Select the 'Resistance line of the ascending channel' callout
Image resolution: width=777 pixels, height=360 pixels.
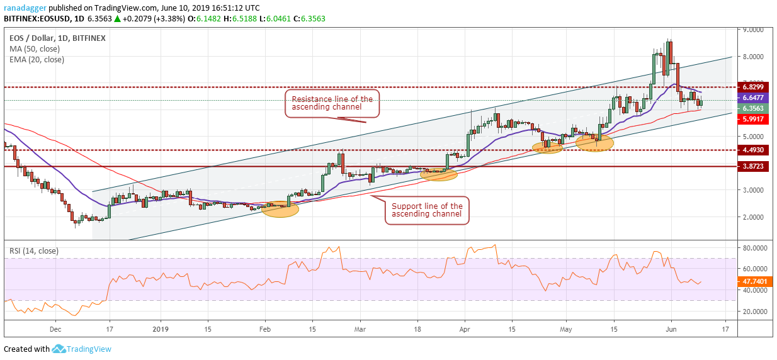pos(332,103)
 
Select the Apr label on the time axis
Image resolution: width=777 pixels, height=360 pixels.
pos(465,329)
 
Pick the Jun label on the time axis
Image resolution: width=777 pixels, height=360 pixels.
pos(671,329)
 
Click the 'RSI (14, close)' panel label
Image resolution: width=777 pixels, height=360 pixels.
pos(33,250)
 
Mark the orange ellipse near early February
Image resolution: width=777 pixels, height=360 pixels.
pos(280,210)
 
